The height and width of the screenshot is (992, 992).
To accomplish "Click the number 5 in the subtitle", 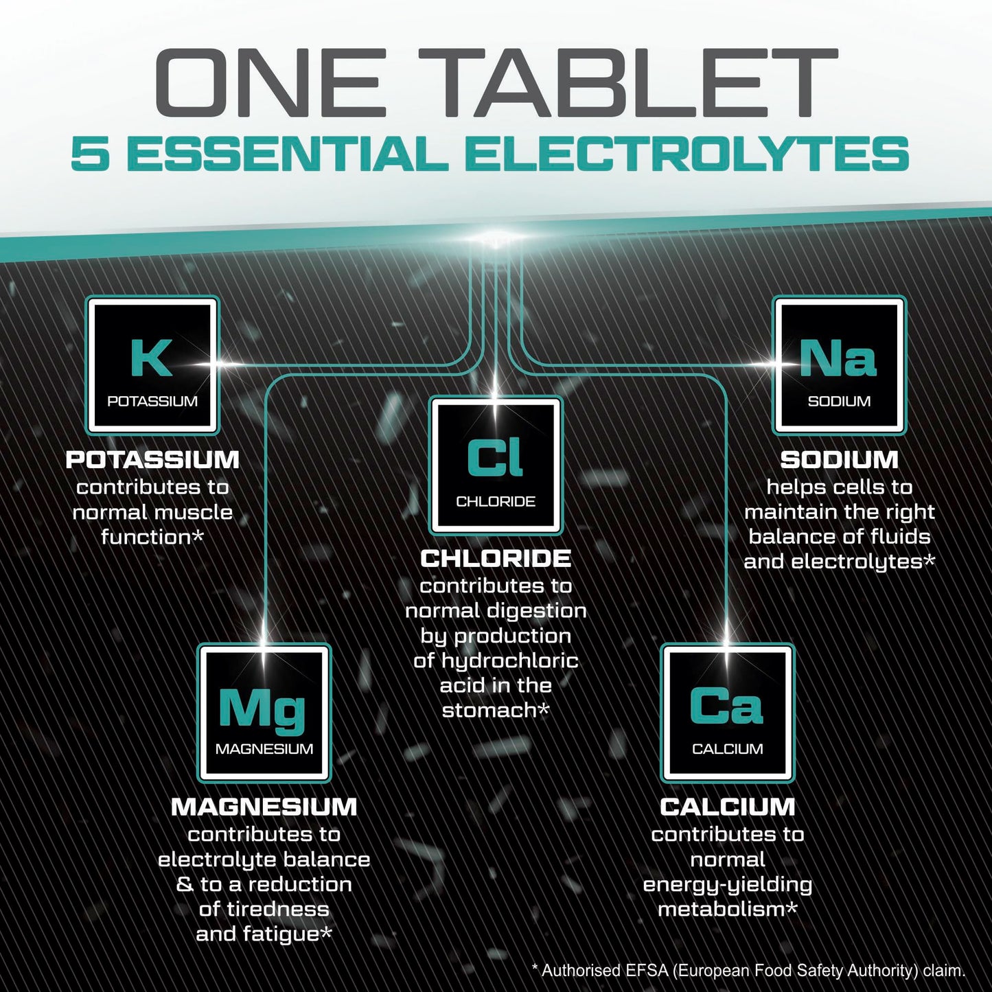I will (90, 154).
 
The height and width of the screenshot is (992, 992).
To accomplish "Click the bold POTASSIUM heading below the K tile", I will (152, 460).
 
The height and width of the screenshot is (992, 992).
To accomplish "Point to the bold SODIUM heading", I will (839, 460).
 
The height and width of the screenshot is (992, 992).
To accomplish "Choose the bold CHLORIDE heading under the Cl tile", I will (495, 559).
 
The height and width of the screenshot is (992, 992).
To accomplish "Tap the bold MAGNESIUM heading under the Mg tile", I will (264, 807).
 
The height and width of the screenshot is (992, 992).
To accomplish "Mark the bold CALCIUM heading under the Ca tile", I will (727, 807).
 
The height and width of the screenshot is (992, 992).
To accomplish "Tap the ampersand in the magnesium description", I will (185, 884).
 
